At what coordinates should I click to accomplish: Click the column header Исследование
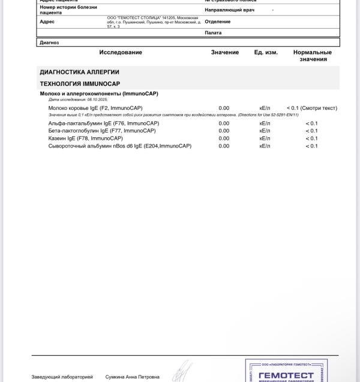click(x=121, y=52)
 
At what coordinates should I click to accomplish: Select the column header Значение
click(x=224, y=52)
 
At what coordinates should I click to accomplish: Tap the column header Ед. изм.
click(x=266, y=52)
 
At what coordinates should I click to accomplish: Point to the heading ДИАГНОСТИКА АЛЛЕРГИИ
click(x=79, y=72)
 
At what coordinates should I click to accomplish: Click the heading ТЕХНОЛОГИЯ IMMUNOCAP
click(x=80, y=83)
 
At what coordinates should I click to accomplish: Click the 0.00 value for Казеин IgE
click(x=224, y=138)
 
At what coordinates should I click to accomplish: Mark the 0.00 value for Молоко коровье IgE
click(x=224, y=108)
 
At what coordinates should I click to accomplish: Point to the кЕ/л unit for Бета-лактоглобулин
click(x=265, y=130)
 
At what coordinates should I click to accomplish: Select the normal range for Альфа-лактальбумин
click(x=311, y=123)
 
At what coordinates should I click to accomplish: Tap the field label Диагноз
click(x=49, y=43)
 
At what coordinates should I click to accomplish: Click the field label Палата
click(x=213, y=32)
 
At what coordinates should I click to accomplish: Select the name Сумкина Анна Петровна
click(x=132, y=377)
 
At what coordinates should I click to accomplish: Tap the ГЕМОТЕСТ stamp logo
click(x=286, y=374)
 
